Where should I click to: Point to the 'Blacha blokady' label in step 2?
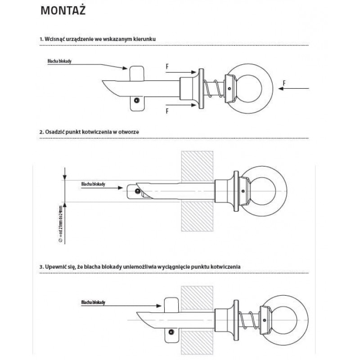click(93, 184)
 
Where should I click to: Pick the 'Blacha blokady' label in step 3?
click(93, 303)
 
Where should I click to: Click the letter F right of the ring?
click(284, 82)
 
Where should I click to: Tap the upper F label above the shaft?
click(167, 66)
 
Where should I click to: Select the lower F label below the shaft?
click(167, 110)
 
